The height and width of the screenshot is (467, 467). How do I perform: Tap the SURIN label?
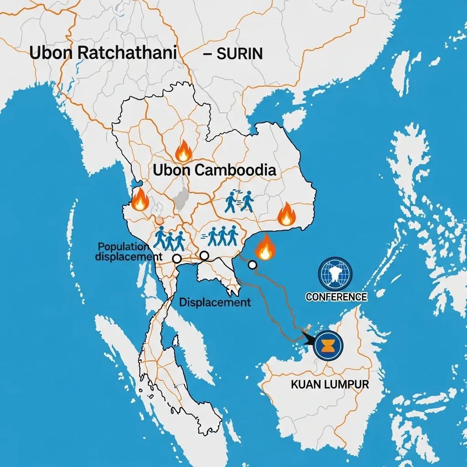[239, 53]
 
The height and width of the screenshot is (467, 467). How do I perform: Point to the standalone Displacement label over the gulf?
[215, 302]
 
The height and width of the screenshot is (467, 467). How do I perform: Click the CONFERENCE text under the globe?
[336, 297]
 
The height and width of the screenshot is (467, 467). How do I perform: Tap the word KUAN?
[307, 384]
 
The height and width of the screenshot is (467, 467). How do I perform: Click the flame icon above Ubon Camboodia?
[183, 151]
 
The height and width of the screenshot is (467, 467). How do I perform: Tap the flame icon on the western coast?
[140, 199]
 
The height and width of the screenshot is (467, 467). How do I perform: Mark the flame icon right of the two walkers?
[286, 214]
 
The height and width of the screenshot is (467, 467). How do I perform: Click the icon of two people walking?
[239, 201]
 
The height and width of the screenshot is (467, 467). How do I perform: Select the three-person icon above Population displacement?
[169, 238]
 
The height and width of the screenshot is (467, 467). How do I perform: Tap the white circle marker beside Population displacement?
[177, 259]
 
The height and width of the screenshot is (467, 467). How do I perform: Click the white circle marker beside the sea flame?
[252, 265]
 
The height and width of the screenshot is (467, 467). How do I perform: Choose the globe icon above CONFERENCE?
[335, 274]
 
